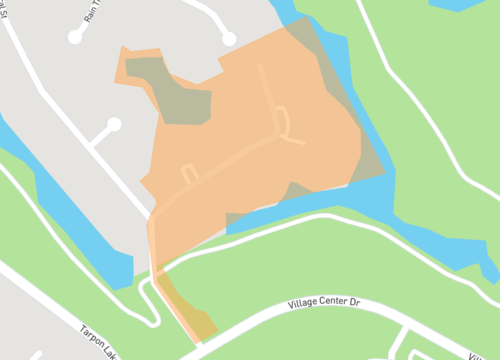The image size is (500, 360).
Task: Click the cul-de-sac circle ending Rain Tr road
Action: click(75, 37)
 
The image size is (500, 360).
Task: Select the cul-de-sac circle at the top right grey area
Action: click(229, 38)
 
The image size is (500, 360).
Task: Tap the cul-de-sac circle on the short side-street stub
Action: click(114, 125)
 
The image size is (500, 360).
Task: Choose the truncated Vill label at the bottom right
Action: click(482, 355)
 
